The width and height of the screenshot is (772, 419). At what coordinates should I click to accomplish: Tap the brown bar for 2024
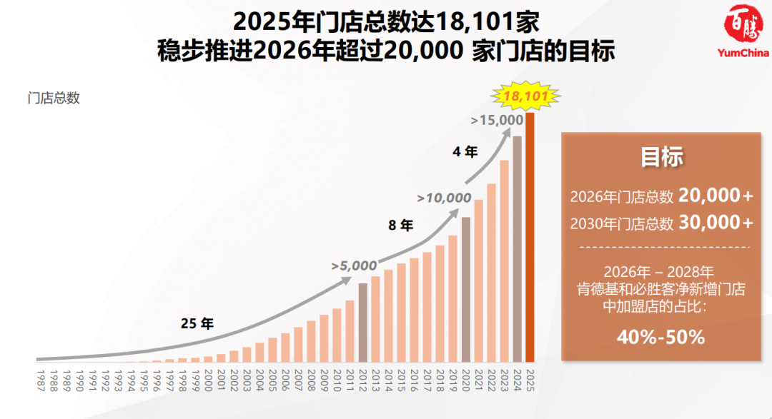pyautogui.click(x=517, y=249)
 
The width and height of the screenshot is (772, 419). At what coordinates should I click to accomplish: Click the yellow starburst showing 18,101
pyautogui.click(x=525, y=96)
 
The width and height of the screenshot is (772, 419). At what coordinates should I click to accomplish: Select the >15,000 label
pyautogui.click(x=497, y=120)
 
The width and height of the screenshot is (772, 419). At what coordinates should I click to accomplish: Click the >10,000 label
pyautogui.click(x=444, y=198)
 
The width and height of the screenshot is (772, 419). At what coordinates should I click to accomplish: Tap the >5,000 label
pyautogui.click(x=353, y=266)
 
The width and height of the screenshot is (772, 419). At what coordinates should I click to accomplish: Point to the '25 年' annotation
pyautogui.click(x=197, y=323)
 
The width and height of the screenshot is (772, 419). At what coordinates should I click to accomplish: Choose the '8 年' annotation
pyautogui.click(x=400, y=226)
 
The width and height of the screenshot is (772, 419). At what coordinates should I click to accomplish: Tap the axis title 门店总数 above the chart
pyautogui.click(x=54, y=99)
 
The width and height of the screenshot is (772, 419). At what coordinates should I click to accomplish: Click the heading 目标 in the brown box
pyautogui.click(x=661, y=158)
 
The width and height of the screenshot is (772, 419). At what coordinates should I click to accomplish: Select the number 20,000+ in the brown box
pyautogui.click(x=716, y=195)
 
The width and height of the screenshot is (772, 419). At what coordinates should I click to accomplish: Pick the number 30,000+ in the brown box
pyautogui.click(x=716, y=223)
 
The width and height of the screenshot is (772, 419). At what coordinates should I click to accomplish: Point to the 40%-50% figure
pyautogui.click(x=661, y=337)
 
